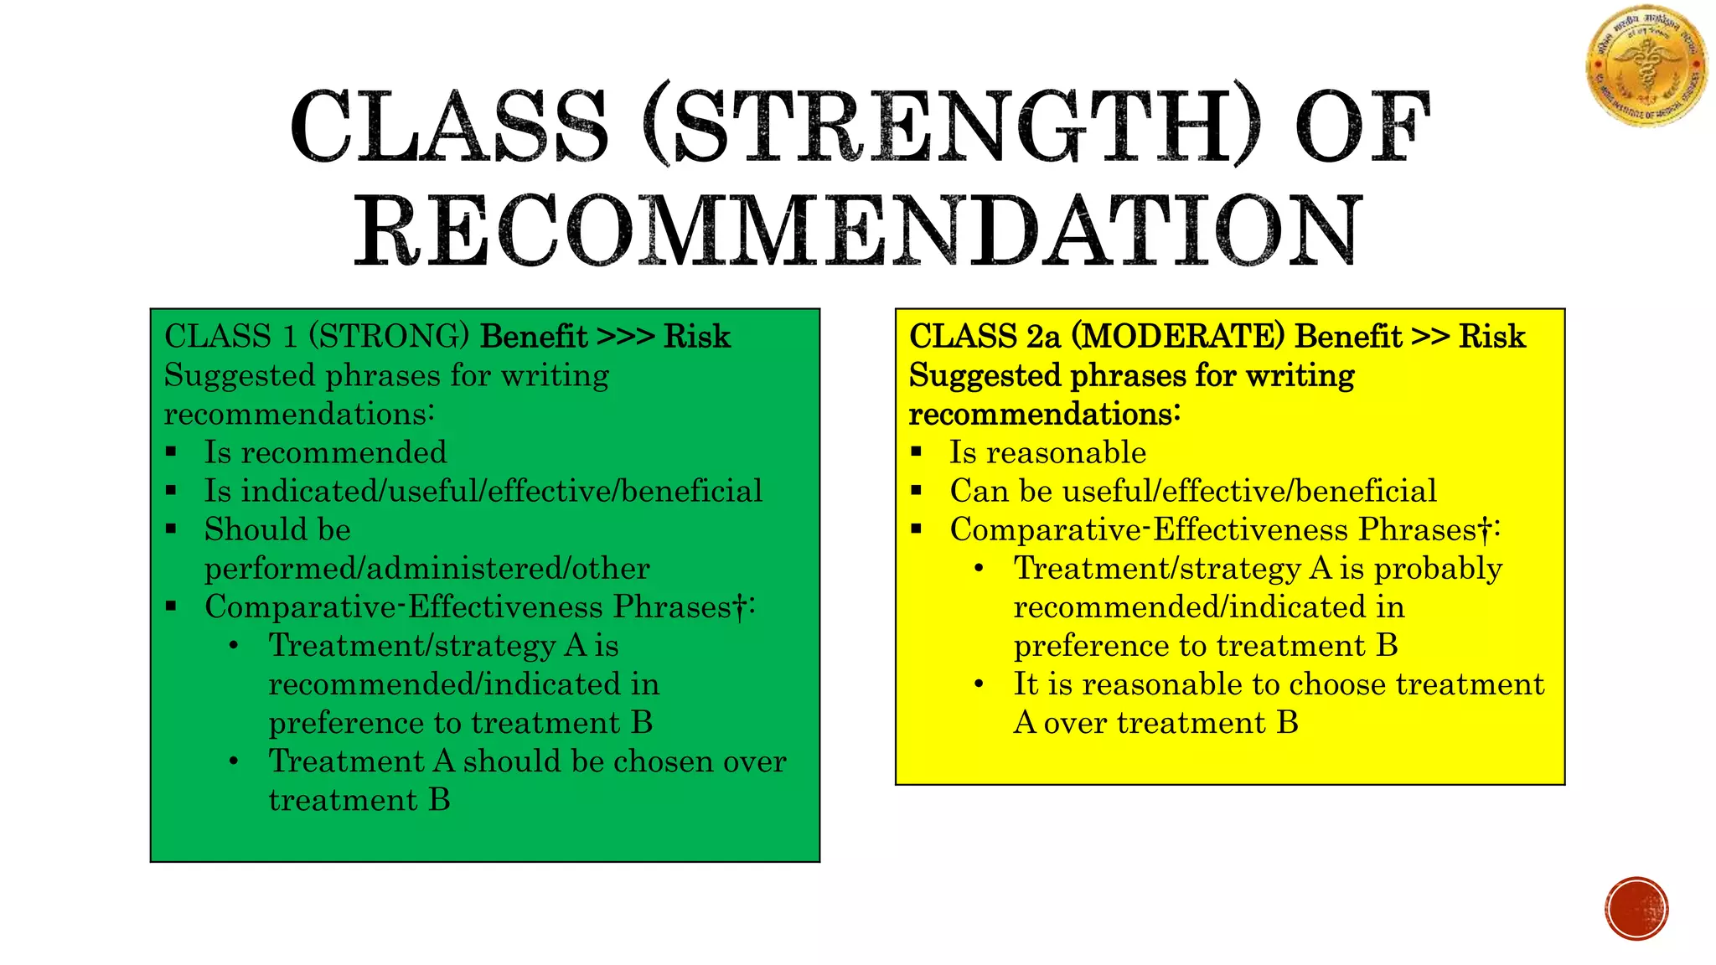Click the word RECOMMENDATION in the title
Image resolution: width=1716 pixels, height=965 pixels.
(x=858, y=230)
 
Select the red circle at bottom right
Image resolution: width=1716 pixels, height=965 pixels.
(x=1636, y=909)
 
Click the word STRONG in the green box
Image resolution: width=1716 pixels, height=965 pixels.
(x=389, y=336)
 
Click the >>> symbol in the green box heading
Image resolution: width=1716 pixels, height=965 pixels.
(x=625, y=336)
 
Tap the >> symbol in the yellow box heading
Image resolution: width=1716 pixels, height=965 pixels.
(x=1430, y=336)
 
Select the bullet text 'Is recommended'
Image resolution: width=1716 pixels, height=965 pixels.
(x=325, y=452)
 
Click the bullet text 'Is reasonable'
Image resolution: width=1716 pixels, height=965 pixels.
(x=1047, y=452)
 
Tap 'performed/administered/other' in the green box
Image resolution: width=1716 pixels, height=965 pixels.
(x=426, y=568)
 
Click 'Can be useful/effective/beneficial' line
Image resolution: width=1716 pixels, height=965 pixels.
(x=1192, y=491)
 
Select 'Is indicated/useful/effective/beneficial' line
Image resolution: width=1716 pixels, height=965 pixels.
(x=483, y=491)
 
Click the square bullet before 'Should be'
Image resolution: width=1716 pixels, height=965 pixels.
(x=172, y=529)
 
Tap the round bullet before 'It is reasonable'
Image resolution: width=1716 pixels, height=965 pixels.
(x=979, y=684)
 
